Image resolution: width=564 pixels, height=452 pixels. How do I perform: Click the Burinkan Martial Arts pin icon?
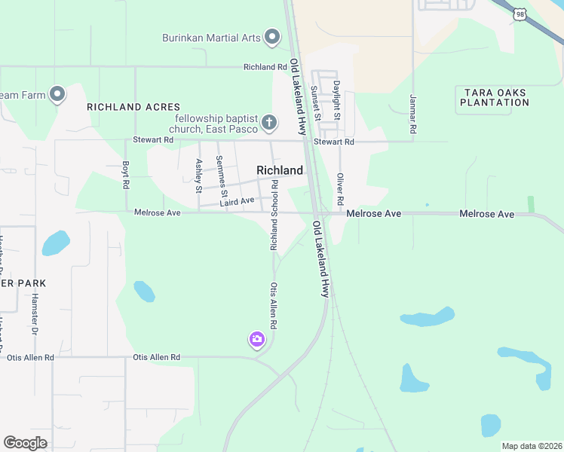pos(272,37)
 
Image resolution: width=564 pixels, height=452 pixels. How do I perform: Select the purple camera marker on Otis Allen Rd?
pos(257,341)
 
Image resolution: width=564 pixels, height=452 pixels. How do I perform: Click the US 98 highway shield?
pos(520,14)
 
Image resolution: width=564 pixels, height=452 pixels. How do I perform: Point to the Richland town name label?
pos(280,171)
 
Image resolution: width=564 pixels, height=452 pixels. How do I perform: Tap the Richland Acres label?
pos(125,107)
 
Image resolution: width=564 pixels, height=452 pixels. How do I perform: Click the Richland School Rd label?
pos(274,215)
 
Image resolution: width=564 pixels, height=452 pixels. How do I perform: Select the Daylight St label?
pos(337,101)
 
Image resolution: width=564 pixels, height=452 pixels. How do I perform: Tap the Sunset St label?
pos(316,102)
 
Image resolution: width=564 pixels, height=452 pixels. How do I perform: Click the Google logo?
pos(26,443)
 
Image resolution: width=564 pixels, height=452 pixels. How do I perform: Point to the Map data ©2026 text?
pos(531,446)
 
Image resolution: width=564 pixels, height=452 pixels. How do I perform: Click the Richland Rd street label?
pos(260,67)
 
